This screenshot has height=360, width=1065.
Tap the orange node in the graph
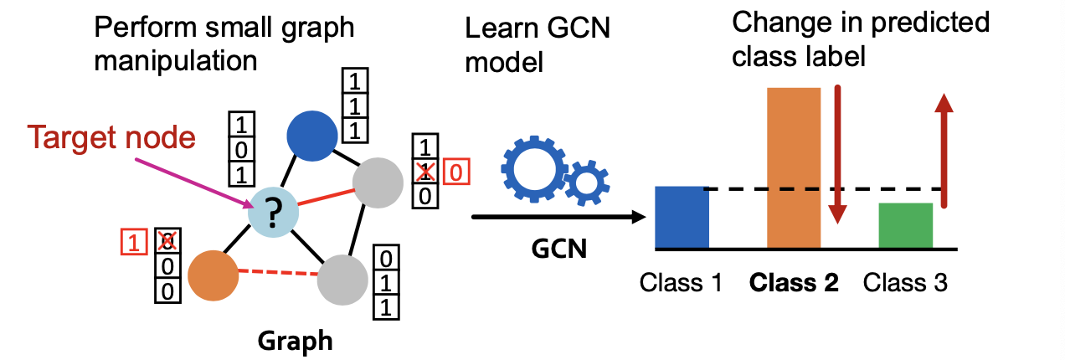213,277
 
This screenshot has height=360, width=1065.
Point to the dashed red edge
276,271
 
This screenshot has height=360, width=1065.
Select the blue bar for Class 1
682,218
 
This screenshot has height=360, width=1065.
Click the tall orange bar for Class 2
793,167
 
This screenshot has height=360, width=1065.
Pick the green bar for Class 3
905,226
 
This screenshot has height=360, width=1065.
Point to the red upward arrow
944,151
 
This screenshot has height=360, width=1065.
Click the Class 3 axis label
905,283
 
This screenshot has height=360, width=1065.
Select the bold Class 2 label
793,283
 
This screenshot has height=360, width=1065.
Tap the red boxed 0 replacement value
456,172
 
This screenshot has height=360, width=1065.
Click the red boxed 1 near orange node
133,241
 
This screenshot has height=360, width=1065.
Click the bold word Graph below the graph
295,340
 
